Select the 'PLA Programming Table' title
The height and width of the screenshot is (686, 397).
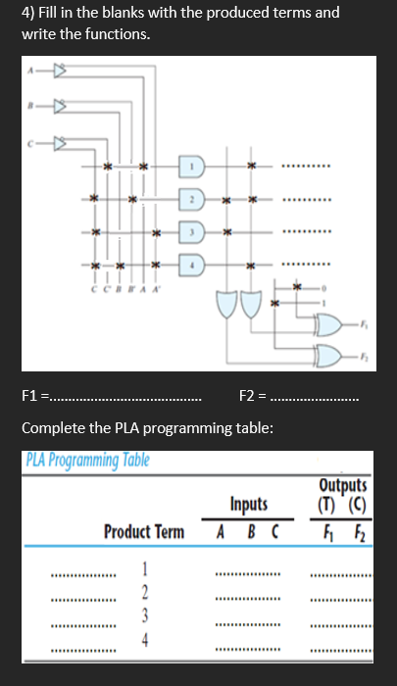pos(84,461)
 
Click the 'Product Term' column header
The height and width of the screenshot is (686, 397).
pos(144,532)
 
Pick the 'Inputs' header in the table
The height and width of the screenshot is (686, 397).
pos(249,504)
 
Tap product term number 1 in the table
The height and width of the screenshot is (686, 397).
pos(145,570)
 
